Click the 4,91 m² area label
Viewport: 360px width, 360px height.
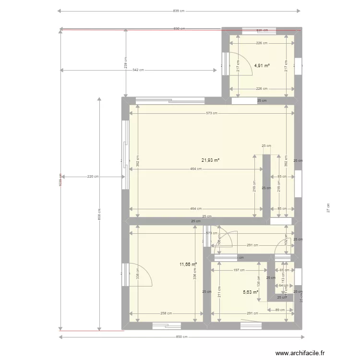pos(262,65)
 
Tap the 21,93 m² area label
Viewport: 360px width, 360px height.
pos(210,160)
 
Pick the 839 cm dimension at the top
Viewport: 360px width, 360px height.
pos(179,11)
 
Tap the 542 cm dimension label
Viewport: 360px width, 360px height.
pos(138,70)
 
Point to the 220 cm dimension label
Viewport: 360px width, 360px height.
pos(93,177)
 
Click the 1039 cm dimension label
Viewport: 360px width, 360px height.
pos(60,180)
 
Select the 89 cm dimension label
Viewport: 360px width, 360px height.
pos(280,310)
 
